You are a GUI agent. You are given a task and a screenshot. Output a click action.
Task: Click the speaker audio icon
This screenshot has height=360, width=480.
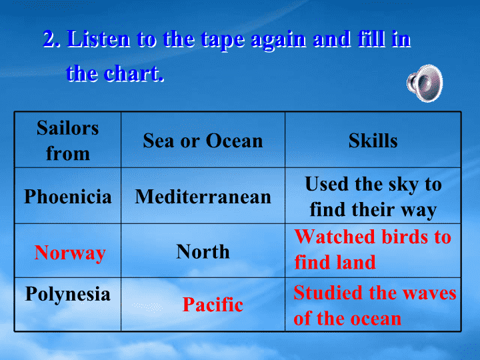(x=425, y=83)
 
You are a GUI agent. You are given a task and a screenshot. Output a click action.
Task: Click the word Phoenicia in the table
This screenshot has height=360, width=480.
(x=67, y=196)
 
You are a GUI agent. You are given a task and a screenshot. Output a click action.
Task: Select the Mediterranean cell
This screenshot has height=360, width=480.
(x=203, y=196)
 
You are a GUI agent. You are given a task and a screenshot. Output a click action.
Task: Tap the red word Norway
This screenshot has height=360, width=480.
(x=70, y=253)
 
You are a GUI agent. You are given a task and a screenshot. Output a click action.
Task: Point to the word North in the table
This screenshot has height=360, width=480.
(x=203, y=251)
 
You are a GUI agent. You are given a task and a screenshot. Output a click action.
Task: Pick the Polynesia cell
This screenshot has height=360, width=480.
(x=67, y=305)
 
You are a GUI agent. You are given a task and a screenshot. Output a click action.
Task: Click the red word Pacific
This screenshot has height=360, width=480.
(x=213, y=305)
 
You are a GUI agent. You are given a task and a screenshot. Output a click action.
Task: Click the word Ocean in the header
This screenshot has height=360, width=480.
(x=234, y=141)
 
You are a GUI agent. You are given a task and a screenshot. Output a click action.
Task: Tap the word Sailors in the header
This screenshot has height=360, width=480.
(x=67, y=127)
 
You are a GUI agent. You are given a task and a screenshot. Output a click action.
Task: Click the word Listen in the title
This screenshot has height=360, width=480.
(x=99, y=39)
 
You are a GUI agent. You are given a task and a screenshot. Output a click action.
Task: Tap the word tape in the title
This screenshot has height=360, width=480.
(x=223, y=40)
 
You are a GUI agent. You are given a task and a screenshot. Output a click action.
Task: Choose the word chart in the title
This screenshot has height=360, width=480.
(x=134, y=73)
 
